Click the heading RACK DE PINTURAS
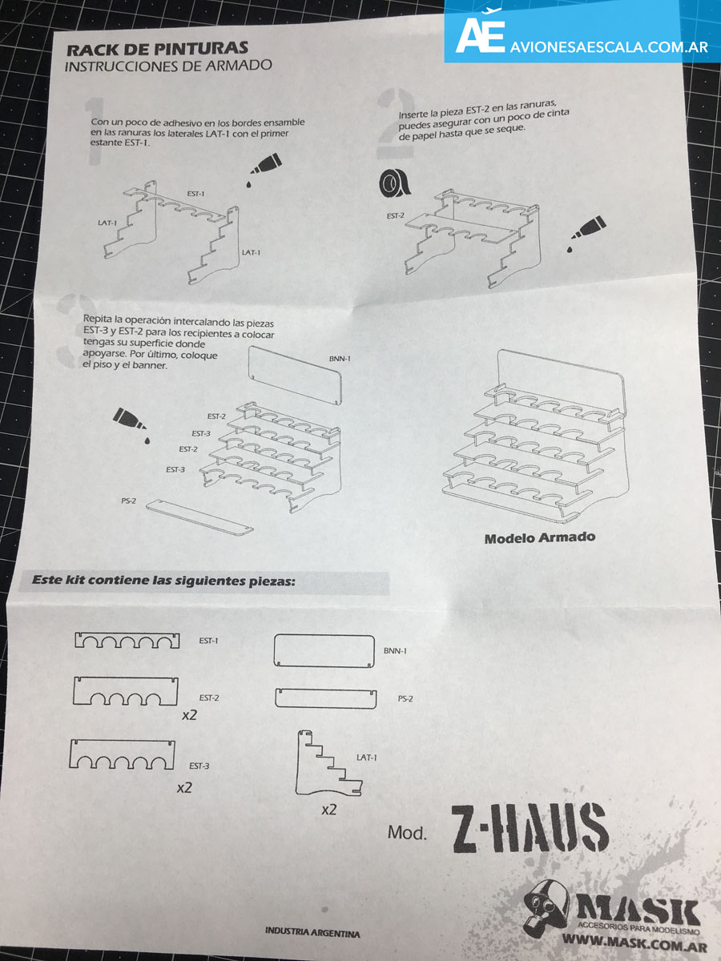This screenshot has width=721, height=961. point(157,49)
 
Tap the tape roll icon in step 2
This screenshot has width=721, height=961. point(393,183)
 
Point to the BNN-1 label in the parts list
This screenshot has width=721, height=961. point(395,650)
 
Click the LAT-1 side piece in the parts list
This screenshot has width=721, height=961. point(328,762)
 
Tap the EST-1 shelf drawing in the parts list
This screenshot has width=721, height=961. point(127,640)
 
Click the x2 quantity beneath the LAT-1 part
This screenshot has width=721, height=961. point(328,810)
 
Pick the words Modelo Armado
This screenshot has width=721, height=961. point(540,537)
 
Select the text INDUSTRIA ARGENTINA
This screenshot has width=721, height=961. point(312,933)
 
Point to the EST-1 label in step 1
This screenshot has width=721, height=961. point(195,194)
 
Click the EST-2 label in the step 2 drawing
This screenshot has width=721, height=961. point(396,216)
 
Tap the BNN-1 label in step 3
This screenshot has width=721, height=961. point(340,359)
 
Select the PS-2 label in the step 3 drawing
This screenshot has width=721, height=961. point(129,501)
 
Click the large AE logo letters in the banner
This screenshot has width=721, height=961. point(480,36)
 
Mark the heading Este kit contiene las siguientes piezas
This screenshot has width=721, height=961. point(163,581)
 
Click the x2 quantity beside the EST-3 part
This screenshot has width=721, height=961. point(184,788)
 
